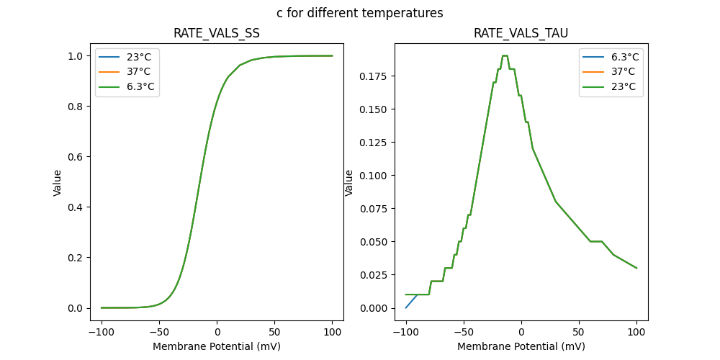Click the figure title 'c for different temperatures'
click(359, 13)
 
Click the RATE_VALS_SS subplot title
click(217, 34)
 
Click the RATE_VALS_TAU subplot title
click(521, 34)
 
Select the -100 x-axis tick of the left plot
click(102, 333)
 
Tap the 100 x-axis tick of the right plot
click(636, 333)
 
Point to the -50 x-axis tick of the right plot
click(464, 333)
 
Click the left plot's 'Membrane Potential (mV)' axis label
click(217, 346)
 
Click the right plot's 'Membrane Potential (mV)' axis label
click(521, 346)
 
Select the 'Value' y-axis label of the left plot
click(58, 183)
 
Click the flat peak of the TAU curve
click(505, 55)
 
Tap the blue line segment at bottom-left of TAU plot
click(411, 302)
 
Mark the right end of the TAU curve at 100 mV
click(636, 268)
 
